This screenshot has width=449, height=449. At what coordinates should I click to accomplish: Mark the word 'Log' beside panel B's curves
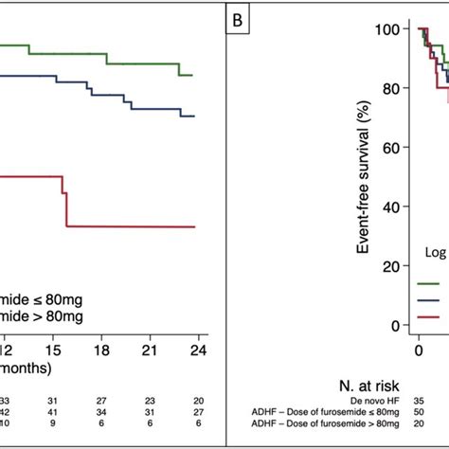click(430, 252)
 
